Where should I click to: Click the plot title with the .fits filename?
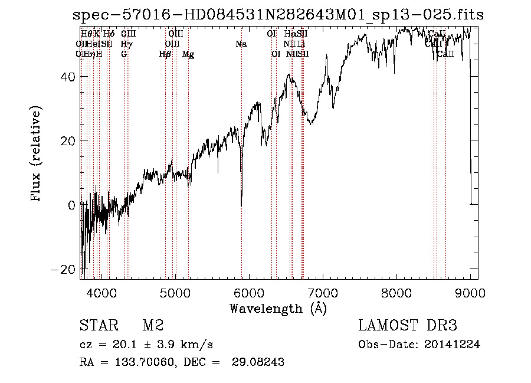point(277,15)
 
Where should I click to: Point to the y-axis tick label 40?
point(67,77)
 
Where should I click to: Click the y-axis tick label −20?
point(63,269)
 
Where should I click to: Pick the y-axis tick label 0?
point(71,205)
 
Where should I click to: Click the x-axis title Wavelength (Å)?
point(278,308)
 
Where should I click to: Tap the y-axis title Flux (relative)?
point(37,155)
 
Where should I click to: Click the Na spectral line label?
point(241,44)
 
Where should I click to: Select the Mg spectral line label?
point(188,54)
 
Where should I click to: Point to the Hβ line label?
point(165,54)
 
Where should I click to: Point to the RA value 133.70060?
point(147,362)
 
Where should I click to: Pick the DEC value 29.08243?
point(260,362)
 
